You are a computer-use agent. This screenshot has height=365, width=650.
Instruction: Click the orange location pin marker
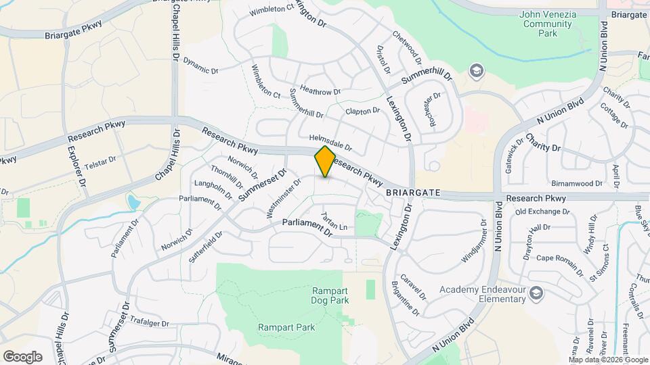tap(325, 161)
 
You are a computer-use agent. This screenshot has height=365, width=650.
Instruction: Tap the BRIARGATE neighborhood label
tap(413, 193)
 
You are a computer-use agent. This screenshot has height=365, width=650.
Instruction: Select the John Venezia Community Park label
tap(547, 24)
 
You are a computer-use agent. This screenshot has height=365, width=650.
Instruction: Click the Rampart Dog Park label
tap(330, 295)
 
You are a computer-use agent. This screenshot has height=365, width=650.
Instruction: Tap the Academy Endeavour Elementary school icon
tap(536, 292)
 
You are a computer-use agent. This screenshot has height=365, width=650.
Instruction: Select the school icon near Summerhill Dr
tap(477, 70)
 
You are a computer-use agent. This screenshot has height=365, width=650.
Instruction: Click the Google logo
tap(22, 356)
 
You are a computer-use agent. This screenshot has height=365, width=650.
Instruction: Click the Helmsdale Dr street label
tap(330, 142)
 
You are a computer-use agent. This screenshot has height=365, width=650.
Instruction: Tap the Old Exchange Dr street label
tap(542, 212)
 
